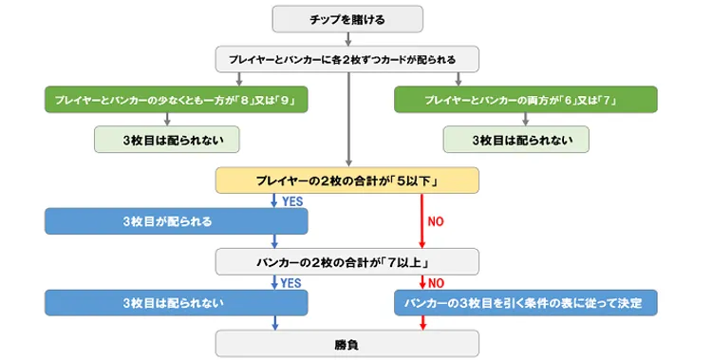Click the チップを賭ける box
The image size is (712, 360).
tap(348, 17)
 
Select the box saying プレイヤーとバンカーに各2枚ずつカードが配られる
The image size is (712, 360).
tap(348, 59)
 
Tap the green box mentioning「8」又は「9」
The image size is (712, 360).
tap(176, 99)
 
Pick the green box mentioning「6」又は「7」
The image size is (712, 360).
tap(525, 99)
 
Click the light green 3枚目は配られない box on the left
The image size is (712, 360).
tap(166, 139)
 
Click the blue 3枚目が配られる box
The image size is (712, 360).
tap(176, 220)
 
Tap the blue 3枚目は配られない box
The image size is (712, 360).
tap(176, 302)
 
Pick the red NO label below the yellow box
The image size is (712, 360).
tap(435, 221)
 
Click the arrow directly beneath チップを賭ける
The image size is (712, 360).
tap(348, 38)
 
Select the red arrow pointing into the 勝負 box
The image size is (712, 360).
tap(421, 323)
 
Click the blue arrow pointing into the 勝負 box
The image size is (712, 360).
tap(273, 323)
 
